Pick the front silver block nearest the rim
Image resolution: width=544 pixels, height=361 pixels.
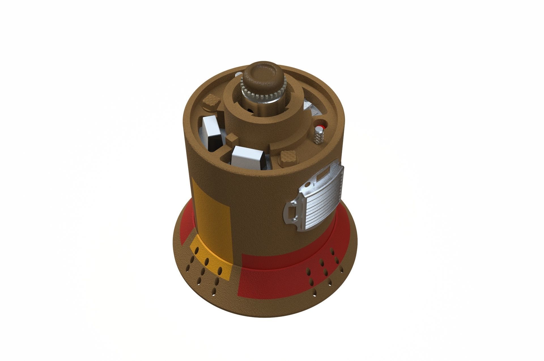coord(247,159)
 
